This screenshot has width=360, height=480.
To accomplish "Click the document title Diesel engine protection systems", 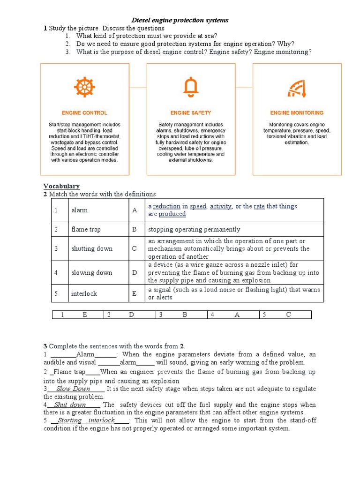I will tap(180, 20).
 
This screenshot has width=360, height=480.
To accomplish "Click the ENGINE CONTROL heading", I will tap(84, 113).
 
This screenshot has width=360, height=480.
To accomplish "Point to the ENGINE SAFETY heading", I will tap(191, 113).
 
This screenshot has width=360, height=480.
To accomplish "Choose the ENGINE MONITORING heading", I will tap(297, 113).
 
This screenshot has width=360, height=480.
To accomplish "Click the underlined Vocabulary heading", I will tap(61, 186).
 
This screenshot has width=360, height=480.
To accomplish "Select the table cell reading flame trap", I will tap(86, 230).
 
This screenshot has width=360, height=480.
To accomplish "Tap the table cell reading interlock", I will tap(84, 293).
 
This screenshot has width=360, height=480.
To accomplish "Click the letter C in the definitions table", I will tap(135, 249).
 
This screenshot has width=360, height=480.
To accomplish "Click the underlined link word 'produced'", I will tap(172, 214).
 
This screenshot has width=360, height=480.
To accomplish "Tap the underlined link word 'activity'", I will tap(221, 206).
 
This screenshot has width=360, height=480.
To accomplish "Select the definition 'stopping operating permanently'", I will tap(194, 230).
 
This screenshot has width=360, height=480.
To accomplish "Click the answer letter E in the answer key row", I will tap(85, 315).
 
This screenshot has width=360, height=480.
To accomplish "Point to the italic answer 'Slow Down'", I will tap(73, 389).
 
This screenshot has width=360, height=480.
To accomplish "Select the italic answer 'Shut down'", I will tap(70, 405).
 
